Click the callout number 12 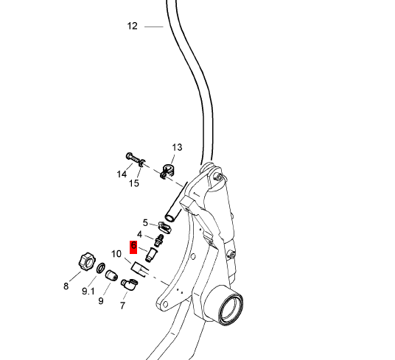tap(132, 27)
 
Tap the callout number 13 tap(177, 147)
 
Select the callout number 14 tap(122, 174)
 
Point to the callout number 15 tap(134, 183)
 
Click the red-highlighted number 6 tap(133, 245)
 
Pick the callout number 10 tap(116, 254)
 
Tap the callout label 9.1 tap(88, 292)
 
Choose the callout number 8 tap(66, 286)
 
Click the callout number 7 tap(122, 306)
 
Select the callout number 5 tap(145, 223)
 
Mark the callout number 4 tap(139, 235)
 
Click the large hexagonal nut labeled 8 tap(87, 261)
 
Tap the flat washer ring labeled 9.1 tap(101, 268)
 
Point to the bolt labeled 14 tap(133, 158)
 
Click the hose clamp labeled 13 tap(167, 171)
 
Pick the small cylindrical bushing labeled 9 tap(111, 275)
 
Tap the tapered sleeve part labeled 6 tap(151, 255)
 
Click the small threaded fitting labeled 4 tap(158, 241)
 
